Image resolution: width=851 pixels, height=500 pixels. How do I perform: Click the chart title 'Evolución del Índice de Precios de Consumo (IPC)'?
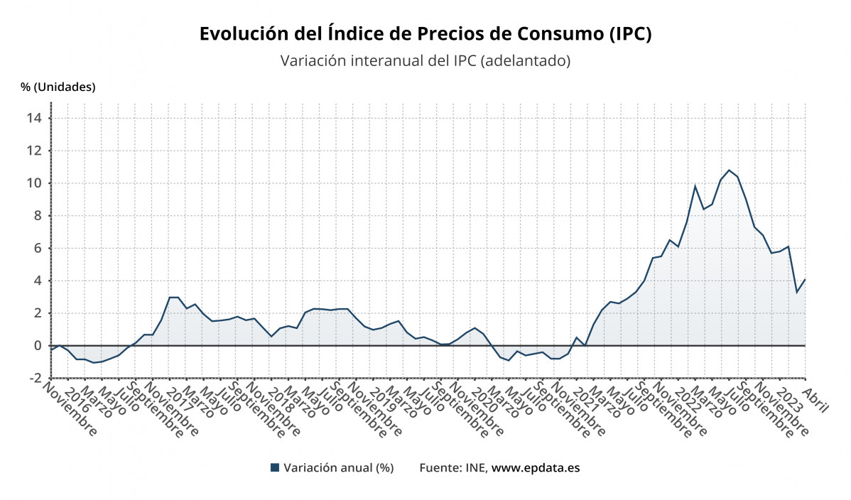(x=425, y=34)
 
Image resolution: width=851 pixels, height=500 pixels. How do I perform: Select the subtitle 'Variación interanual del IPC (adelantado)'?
(x=425, y=61)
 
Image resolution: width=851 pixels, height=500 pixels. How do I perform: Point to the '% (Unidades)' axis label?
(x=58, y=87)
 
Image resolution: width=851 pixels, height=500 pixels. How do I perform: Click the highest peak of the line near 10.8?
(x=729, y=170)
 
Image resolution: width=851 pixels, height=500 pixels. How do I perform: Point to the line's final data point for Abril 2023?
(x=805, y=279)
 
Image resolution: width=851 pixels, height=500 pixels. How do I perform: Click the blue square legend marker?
(x=275, y=468)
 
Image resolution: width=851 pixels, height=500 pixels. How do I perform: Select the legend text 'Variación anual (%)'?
(x=338, y=468)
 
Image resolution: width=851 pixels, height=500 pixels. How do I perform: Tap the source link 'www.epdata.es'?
(x=536, y=468)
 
